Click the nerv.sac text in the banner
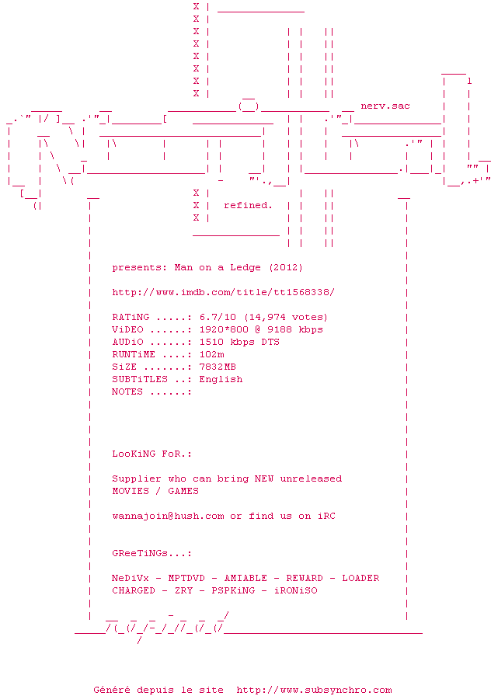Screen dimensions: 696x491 (x=385, y=106)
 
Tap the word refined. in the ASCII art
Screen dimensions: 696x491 (x=248, y=205)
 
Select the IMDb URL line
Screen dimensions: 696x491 (x=223, y=292)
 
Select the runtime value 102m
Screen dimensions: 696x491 (x=211, y=354)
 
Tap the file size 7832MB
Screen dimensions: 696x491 (x=218, y=367)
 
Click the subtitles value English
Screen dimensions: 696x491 (x=221, y=379)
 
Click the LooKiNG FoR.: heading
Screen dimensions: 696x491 (x=151, y=454)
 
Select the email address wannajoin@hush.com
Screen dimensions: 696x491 (x=168, y=516)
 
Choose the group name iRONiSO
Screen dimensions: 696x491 (x=295, y=590)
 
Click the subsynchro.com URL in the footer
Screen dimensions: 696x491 (x=314, y=690)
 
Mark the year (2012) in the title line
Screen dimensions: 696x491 (x=286, y=267)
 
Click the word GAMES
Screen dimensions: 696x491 (x=183, y=491)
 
